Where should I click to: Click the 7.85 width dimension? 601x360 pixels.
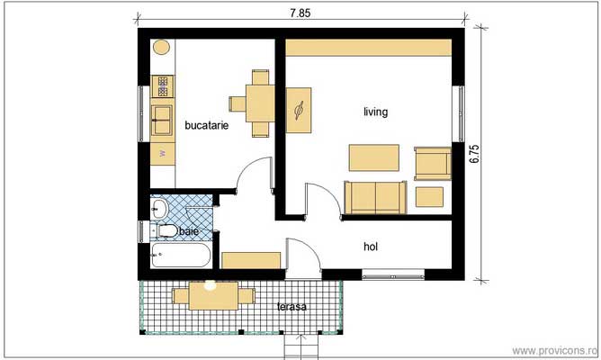point(300,13)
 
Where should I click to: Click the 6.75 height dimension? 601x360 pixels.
point(474,154)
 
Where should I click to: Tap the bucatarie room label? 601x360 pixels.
point(207,125)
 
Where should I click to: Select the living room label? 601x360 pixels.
point(376,112)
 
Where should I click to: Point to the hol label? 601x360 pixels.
point(371,247)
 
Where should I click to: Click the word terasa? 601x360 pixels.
point(292,307)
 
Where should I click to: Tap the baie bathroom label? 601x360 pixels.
point(189,231)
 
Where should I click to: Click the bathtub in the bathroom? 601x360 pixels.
point(181,256)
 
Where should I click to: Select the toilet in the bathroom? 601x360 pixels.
point(164,230)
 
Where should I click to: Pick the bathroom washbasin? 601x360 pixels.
point(159,208)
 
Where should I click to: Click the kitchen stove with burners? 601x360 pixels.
point(163,86)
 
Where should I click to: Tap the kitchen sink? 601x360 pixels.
point(162,121)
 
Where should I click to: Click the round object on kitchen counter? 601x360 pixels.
point(161,47)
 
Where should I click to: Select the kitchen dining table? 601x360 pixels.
point(260,103)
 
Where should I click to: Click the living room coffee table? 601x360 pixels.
point(373,157)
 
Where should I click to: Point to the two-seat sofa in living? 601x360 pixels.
point(375,197)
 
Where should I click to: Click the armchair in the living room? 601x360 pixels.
point(433,164)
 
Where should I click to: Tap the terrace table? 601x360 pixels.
point(213,295)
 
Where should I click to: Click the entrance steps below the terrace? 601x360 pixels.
point(301,346)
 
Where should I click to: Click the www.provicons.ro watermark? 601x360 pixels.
point(553,350)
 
